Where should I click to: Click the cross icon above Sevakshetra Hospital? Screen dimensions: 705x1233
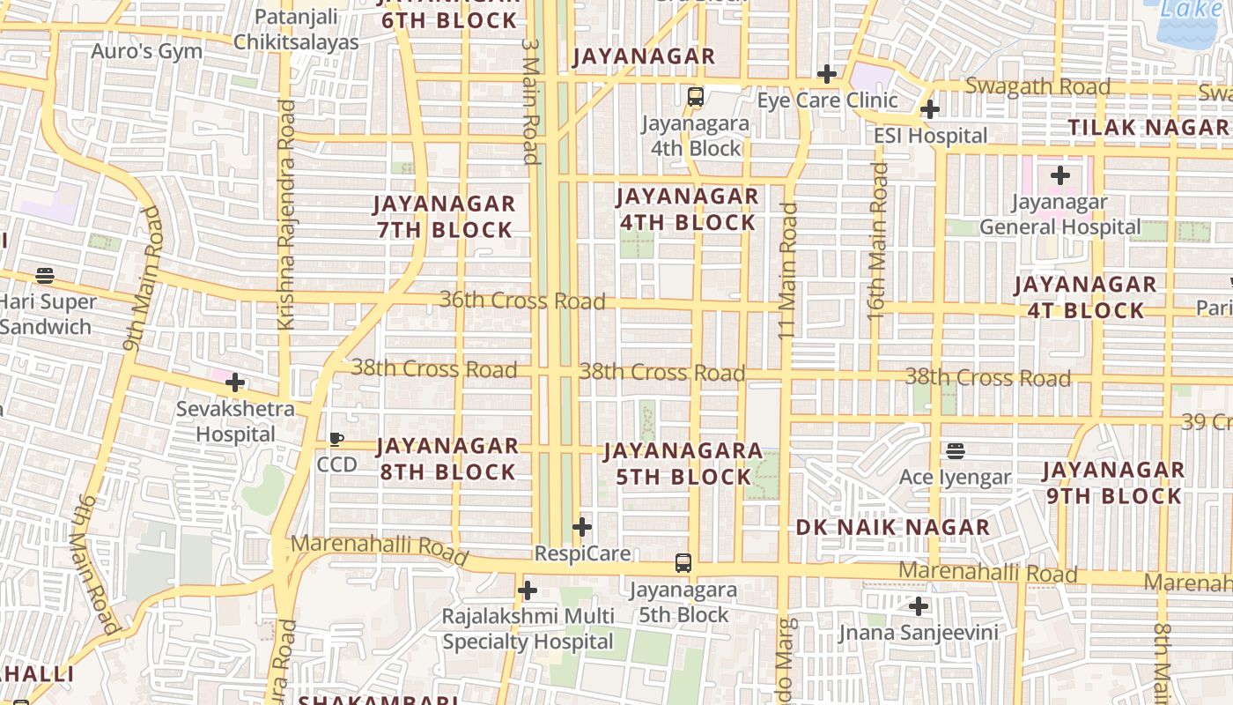(235, 382)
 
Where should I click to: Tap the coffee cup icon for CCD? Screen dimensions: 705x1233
(336, 439)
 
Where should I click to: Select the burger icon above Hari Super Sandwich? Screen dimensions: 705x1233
(45, 276)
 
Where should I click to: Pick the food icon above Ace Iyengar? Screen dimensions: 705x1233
(956, 451)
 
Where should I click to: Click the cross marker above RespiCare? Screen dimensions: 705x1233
(582, 527)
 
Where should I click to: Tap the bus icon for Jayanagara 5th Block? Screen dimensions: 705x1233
(683, 562)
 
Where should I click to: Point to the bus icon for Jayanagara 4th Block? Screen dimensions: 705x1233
(696, 97)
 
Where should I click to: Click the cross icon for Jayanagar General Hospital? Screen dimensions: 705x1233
(1060, 175)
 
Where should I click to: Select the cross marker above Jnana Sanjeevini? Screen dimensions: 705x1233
(919, 606)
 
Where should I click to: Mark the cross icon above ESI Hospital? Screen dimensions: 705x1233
(930, 109)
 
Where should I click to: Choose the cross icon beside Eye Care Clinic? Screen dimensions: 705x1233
(826, 74)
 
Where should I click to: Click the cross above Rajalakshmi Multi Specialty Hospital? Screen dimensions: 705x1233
(528, 590)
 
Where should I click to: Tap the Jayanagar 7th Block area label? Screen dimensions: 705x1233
(444, 217)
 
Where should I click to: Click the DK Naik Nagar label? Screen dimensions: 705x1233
(893, 528)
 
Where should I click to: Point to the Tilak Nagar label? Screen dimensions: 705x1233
(1148, 127)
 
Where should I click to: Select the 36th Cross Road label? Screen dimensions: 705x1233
(522, 301)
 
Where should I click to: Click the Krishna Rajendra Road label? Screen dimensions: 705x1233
(286, 215)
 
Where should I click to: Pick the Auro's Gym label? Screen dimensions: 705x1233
(147, 51)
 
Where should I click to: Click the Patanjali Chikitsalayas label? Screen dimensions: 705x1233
(296, 29)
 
